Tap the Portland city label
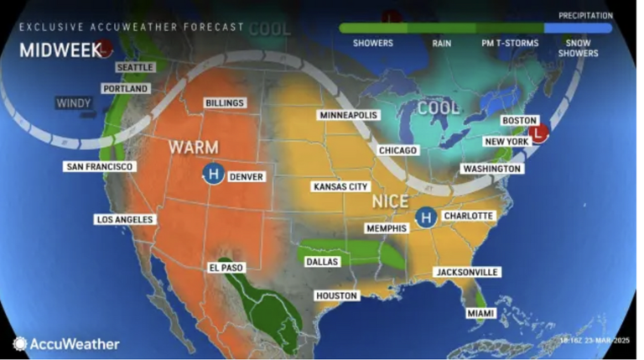tap(125, 88)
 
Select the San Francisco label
tap(99, 167)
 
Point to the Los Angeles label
tap(125, 219)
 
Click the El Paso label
tap(225, 268)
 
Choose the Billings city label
tap(224, 103)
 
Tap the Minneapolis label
tap(349, 114)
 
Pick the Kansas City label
tap(340, 186)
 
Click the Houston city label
tap(337, 295)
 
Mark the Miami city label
tap(481, 313)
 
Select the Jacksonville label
tap(467, 272)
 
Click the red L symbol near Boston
tap(540, 132)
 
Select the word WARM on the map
tap(194, 147)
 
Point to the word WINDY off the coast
tap(73, 103)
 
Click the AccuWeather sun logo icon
tap(19, 343)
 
